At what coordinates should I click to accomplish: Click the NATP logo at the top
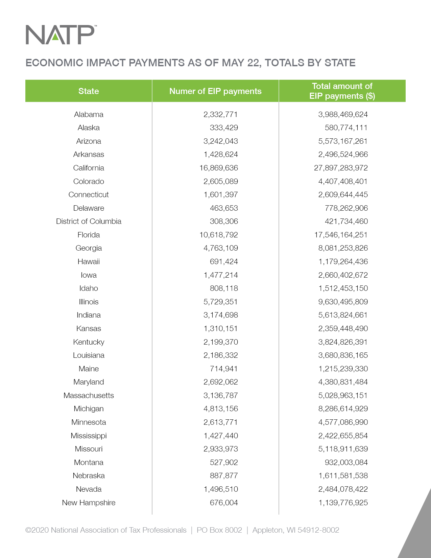(60, 34)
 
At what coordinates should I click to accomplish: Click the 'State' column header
(89, 91)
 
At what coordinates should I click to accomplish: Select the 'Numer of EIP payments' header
(215, 91)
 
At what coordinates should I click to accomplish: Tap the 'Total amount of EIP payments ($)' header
(342, 91)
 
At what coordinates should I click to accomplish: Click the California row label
(89, 168)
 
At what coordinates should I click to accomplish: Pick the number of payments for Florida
(219, 235)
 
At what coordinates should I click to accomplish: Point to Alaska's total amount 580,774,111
(346, 128)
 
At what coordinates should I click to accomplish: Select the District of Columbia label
(89, 222)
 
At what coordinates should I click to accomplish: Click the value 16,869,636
(219, 168)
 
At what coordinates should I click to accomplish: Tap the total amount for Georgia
(343, 248)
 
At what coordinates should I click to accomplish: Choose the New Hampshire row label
(89, 503)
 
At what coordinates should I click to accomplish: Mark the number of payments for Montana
(224, 462)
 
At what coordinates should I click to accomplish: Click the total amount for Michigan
(343, 409)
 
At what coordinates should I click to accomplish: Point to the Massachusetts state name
(89, 395)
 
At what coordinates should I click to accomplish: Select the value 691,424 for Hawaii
(224, 262)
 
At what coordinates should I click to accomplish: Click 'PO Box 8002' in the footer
(219, 530)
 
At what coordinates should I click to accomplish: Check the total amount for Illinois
(343, 302)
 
